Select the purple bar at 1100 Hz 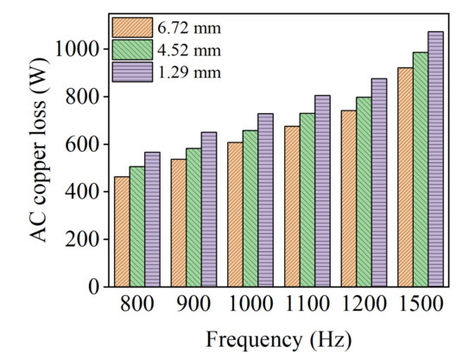[322, 191]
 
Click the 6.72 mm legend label [185, 28]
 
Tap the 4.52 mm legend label [185, 49]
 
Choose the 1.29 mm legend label [185, 71]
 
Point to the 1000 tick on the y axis [82, 50]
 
